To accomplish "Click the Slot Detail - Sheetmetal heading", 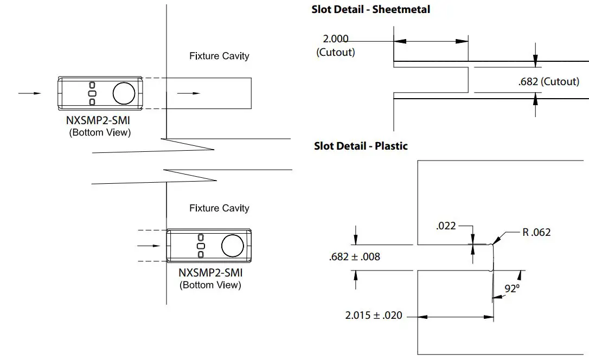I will pyautogui.click(x=370, y=9).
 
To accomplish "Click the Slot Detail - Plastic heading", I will pyautogui.click(x=361, y=146).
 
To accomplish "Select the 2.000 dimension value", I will pyautogui.click(x=335, y=39).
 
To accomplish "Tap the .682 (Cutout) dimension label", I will pyautogui.click(x=549, y=82).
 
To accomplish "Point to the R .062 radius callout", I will pyautogui.click(x=536, y=233).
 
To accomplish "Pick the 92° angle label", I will pyautogui.click(x=512, y=289).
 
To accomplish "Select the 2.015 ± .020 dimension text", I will pyautogui.click(x=374, y=315).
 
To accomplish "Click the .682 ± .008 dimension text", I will pyautogui.click(x=354, y=257).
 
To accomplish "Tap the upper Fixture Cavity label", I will pyautogui.click(x=219, y=56).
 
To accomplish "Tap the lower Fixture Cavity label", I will pyautogui.click(x=219, y=208).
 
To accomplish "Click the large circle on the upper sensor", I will pyautogui.click(x=124, y=93).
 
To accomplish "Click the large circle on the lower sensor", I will pyautogui.click(x=233, y=246).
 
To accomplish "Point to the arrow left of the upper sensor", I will pyautogui.click(x=30, y=93).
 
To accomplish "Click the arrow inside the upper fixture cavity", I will pyautogui.click(x=189, y=93).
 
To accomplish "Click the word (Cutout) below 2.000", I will pyautogui.click(x=335, y=53).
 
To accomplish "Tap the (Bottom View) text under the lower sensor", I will pyautogui.click(x=210, y=285).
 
